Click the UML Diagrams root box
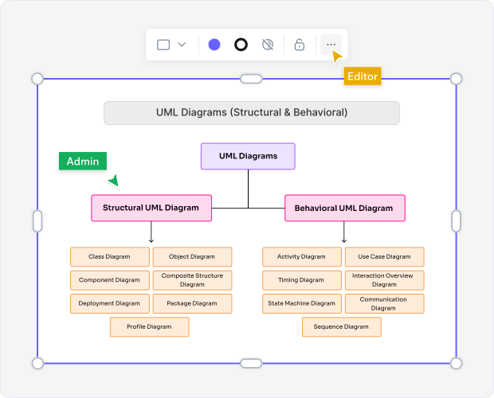248,156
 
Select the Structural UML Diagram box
151,208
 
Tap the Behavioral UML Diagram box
344,208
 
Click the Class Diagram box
110,256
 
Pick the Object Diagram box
192,256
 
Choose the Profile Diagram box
149,326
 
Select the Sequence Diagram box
341,326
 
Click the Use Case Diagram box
384,256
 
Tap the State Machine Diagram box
302,303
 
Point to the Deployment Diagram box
110,303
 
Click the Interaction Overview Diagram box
384,280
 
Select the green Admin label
83,162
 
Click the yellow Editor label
363,76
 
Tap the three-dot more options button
331,45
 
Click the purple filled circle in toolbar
214,45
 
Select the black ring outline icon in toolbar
241,45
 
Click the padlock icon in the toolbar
300,45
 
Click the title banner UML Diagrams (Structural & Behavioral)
252,112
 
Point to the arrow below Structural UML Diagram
151,233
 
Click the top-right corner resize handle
456,79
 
